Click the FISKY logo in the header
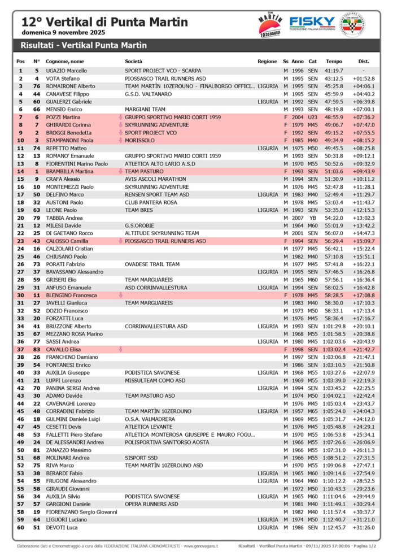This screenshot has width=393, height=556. coord(312,23)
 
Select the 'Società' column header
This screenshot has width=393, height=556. coord(134,61)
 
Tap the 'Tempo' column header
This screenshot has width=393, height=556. coord(334,61)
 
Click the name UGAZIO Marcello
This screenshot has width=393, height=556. coord(66,71)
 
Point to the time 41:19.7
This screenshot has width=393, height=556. coord(334,71)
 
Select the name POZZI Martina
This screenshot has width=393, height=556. coord(63,117)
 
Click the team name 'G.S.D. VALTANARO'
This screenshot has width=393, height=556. coord(148,94)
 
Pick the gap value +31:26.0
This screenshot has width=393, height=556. coord(364,527)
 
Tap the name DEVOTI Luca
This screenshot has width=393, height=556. coord(62,527)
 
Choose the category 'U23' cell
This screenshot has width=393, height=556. coord(313,117)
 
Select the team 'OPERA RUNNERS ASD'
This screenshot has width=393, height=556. coord(151,504)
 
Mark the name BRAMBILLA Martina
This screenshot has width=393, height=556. coord(69,171)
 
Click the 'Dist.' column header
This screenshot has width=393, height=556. coord(364,61)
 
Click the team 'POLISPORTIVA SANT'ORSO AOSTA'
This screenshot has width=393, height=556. coord(167,442)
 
